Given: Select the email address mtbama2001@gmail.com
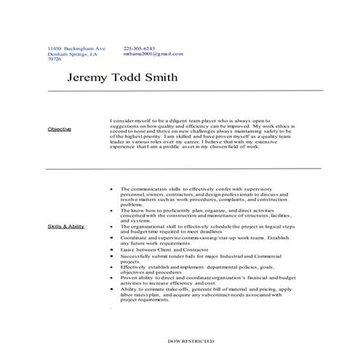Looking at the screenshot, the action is [x=153, y=54].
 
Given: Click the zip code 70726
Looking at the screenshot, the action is [x=55, y=60].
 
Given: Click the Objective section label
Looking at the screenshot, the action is [x=59, y=129].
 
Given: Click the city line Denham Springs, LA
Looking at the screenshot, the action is [x=71, y=54].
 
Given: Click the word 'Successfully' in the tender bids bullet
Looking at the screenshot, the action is [x=136, y=256].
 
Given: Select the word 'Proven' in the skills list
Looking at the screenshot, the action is [x=129, y=276].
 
